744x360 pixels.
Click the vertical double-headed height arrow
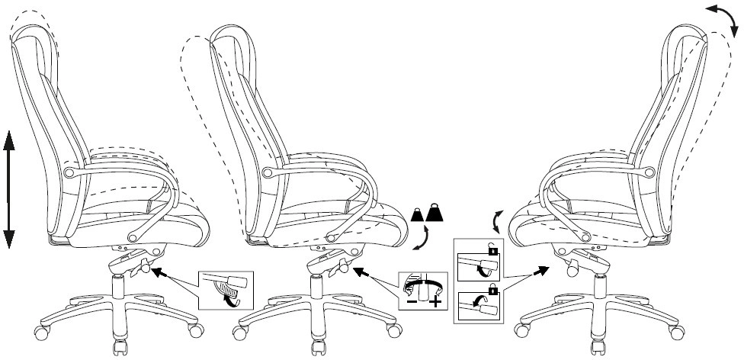click(x=10, y=189)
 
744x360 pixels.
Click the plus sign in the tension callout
click(x=435, y=303)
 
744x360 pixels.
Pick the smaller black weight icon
click(x=418, y=216)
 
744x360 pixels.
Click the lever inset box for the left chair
click(x=224, y=289)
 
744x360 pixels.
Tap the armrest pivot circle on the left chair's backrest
click(x=71, y=173)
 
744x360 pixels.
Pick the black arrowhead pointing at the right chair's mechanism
click(x=543, y=269)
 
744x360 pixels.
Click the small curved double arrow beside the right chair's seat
click(x=497, y=222)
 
